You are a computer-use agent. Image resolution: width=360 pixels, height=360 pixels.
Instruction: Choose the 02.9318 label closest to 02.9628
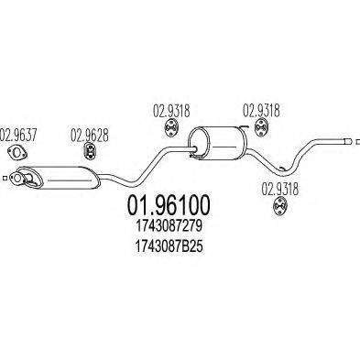pyautogui.click(x=167, y=115)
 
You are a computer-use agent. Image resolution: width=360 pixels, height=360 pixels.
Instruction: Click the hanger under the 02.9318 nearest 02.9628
pyautogui.click(x=169, y=131)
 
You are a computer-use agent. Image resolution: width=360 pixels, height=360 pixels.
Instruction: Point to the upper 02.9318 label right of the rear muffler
pyautogui.click(x=260, y=115)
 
